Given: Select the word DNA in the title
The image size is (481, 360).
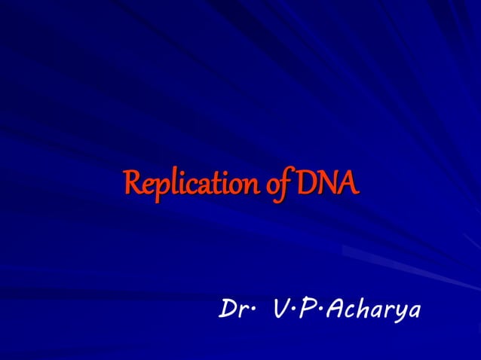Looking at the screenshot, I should coord(327,182).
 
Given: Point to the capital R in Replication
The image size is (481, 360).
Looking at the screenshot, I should coord(132,182).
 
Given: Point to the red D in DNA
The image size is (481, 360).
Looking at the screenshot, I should coord(308,182).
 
